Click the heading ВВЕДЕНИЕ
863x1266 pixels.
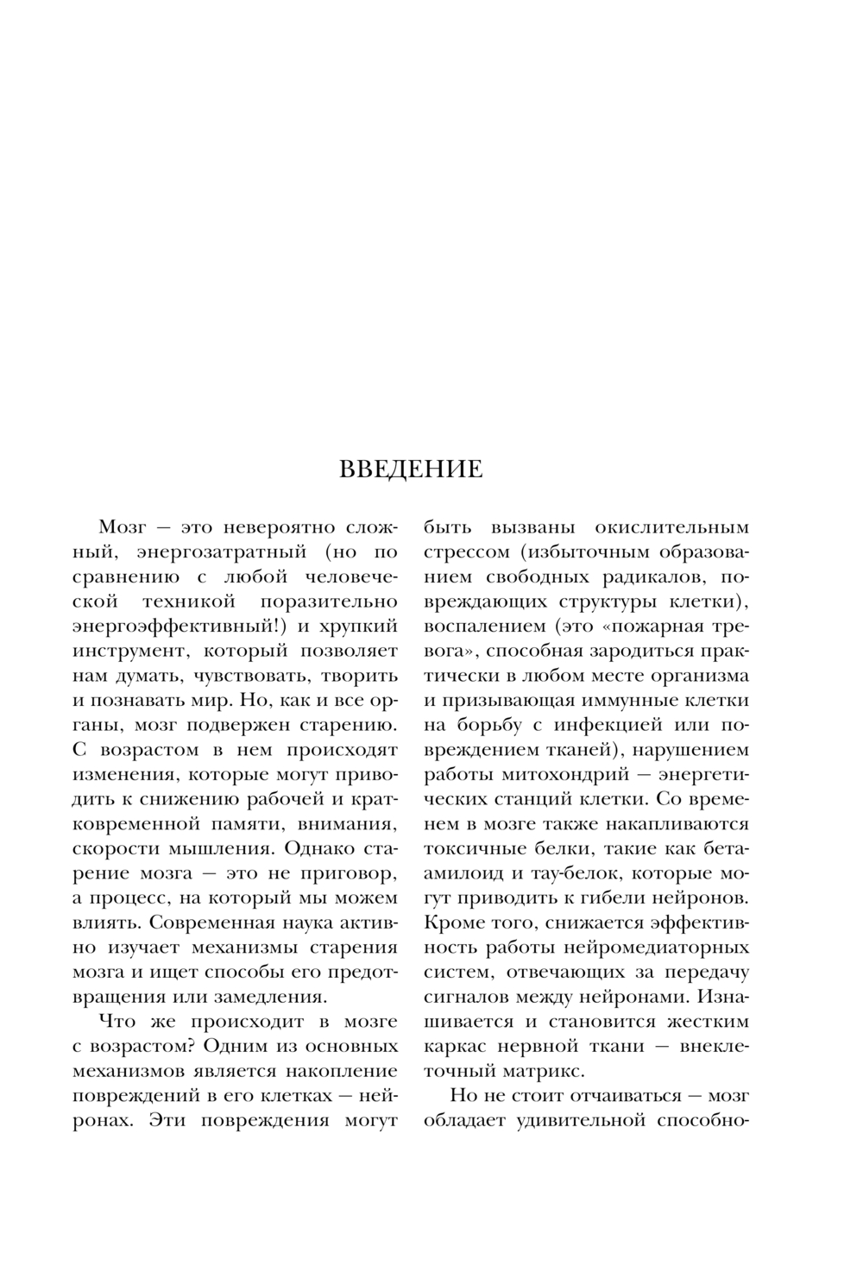(x=411, y=469)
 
